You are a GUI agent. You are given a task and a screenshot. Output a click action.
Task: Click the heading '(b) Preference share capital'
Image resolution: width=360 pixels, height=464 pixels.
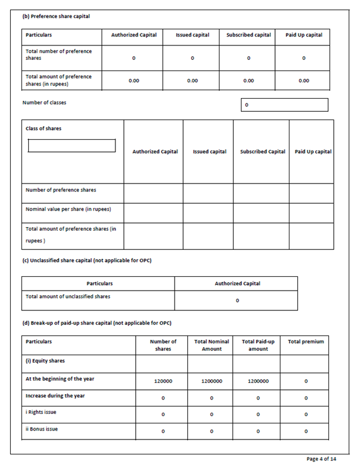pos(56,16)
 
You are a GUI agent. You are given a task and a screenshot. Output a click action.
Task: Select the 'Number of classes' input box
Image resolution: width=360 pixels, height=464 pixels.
pos(285,105)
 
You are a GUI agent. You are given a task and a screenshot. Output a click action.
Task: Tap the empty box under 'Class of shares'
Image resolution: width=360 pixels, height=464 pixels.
pos(72,146)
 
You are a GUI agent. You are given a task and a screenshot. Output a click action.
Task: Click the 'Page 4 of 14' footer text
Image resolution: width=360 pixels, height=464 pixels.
pos(321,459)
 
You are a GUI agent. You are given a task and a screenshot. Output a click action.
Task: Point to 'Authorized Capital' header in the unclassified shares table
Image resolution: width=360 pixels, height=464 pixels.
pos(237,283)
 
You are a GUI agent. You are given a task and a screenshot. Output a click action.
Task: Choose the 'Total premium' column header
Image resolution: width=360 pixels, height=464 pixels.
pos(306,341)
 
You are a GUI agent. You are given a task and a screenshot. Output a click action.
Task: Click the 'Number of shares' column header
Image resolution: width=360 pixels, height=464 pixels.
pos(163,345)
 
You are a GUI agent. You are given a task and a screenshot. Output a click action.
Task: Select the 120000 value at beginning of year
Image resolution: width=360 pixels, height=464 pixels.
pos(163,381)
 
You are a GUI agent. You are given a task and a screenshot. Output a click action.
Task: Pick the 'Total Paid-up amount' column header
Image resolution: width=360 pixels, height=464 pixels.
pos(258,345)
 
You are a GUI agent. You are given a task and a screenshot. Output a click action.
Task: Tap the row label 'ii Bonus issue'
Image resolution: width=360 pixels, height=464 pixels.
pos(42,429)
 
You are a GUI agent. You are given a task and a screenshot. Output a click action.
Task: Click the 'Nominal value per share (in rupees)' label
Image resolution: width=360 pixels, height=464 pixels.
pos(68,209)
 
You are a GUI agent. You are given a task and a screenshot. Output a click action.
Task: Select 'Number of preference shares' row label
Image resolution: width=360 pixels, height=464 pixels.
pos(61,190)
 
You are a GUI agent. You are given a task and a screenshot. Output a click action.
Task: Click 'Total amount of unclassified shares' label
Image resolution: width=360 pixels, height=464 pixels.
pos(68,296)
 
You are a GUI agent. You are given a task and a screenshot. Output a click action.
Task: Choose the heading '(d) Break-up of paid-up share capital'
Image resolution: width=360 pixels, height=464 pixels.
pos(97,323)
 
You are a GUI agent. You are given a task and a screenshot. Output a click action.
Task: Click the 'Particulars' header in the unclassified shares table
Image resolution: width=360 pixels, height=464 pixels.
pos(99,283)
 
